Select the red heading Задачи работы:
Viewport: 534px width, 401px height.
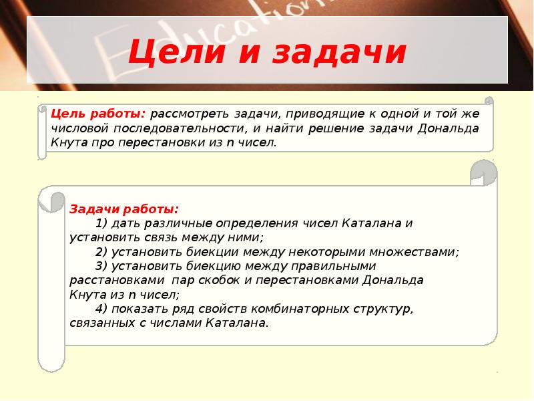pyautogui.click(x=115, y=209)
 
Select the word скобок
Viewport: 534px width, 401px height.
pyautogui.click(x=214, y=280)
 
